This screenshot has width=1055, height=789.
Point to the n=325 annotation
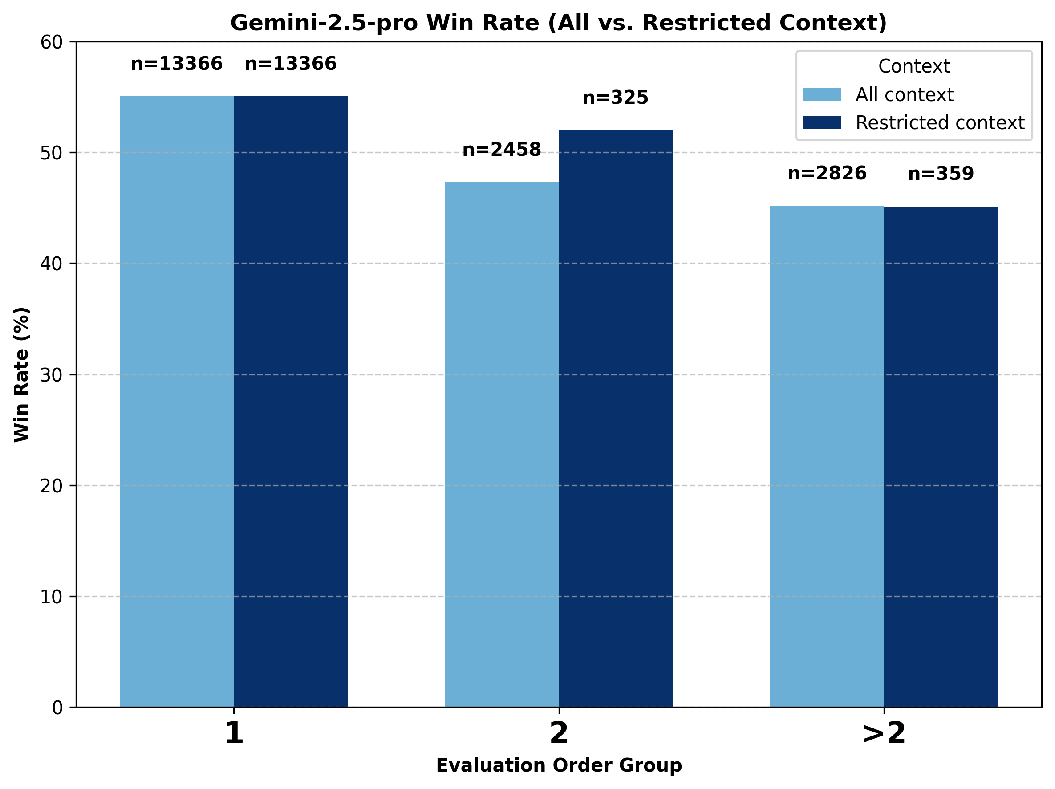(x=616, y=98)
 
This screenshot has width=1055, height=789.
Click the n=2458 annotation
(x=502, y=150)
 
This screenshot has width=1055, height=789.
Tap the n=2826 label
(x=827, y=173)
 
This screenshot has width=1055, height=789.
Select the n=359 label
(x=941, y=174)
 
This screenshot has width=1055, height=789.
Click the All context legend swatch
(x=822, y=94)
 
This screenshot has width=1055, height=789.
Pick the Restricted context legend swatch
(x=822, y=122)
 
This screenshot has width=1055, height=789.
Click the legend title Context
(x=914, y=66)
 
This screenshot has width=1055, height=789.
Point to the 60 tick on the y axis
(x=52, y=42)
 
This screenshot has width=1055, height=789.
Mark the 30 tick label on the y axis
(x=52, y=375)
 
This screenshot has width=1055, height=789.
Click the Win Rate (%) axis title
(x=21, y=374)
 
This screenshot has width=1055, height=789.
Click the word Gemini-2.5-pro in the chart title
(x=325, y=23)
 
